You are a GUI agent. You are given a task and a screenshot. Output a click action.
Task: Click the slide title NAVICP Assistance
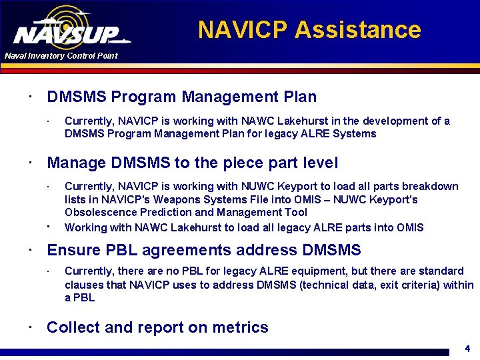click(x=309, y=30)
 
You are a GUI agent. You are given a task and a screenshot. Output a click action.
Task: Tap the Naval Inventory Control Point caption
click(x=61, y=56)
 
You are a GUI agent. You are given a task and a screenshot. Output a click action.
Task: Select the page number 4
click(x=467, y=348)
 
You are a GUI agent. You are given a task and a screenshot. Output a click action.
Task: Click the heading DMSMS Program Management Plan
click(x=181, y=97)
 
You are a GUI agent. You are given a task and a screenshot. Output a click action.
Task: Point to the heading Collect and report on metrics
click(x=157, y=327)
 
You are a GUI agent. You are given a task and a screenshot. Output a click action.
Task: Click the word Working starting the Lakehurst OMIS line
click(x=85, y=227)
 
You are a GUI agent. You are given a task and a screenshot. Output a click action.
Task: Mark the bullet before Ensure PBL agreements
click(x=31, y=250)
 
